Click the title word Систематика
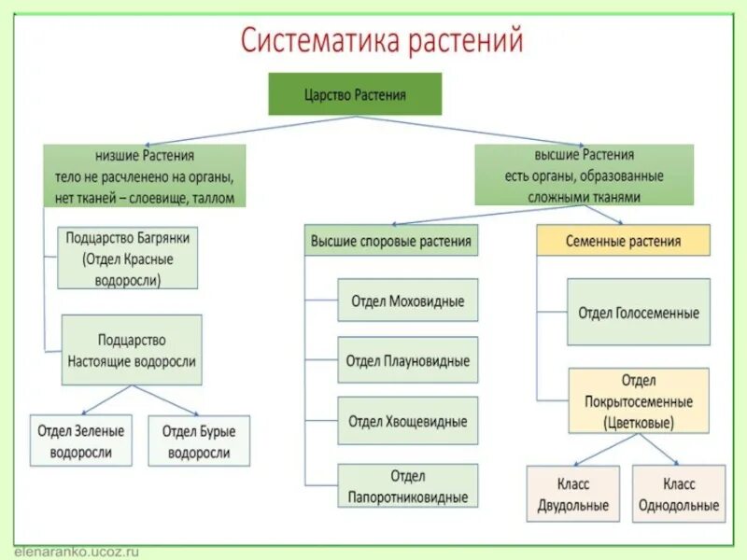[x=318, y=42]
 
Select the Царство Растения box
[x=355, y=94]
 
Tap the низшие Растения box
[x=145, y=175]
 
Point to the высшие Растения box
[x=585, y=175]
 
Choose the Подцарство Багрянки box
[x=128, y=258]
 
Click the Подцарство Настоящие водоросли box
[x=132, y=350]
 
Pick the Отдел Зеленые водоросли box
[x=81, y=441]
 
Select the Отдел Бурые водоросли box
[x=199, y=441]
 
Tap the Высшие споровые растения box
[x=390, y=241]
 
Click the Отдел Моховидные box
[x=407, y=301]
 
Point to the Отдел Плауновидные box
[x=407, y=360]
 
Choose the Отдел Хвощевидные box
[x=407, y=421]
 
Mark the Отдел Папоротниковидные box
[x=407, y=486]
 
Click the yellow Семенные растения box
[x=623, y=241]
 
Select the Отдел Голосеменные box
[x=638, y=312]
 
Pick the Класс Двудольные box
[x=572, y=494]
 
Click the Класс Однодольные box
[x=679, y=494]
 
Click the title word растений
[x=464, y=42]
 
